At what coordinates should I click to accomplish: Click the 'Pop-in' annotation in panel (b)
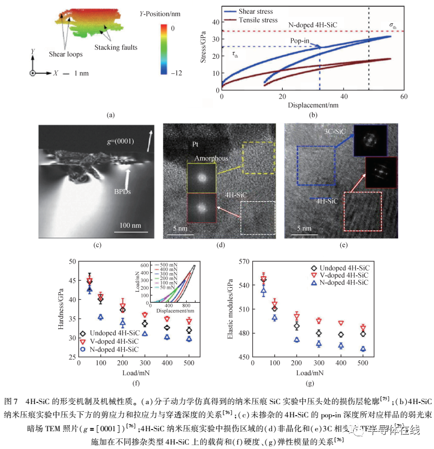pyautogui.click(x=300, y=40)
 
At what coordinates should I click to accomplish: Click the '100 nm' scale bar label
pyautogui.click(x=129, y=227)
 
